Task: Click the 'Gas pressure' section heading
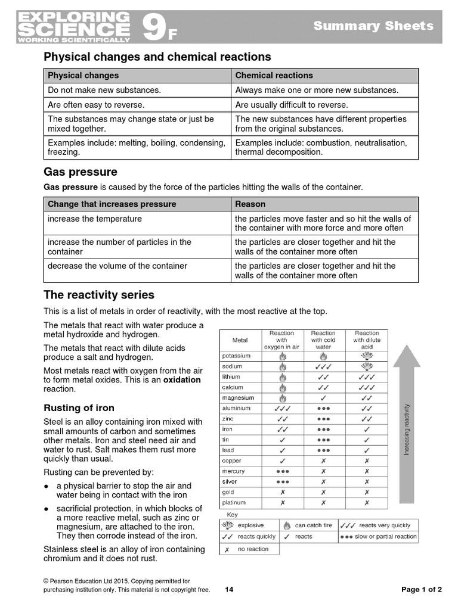coord(81,172)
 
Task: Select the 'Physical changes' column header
coord(83,76)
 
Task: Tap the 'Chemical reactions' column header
coord(274,76)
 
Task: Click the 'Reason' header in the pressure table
coord(250,204)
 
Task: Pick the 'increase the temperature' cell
coord(95,219)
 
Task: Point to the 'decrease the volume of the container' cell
coord(117,266)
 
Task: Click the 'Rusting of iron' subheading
coord(79,408)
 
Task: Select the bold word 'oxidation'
coord(182,379)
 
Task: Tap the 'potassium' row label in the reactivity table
coord(236,356)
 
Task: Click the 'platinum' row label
coord(234,503)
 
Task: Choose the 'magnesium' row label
coord(238,398)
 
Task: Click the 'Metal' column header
coord(240,340)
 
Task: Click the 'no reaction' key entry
coord(253,549)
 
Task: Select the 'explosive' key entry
coord(250,526)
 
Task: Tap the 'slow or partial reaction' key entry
coord(385,537)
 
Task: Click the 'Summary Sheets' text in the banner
coord(373,26)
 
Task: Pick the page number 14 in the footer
coord(230,590)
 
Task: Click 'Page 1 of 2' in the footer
coord(422,590)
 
